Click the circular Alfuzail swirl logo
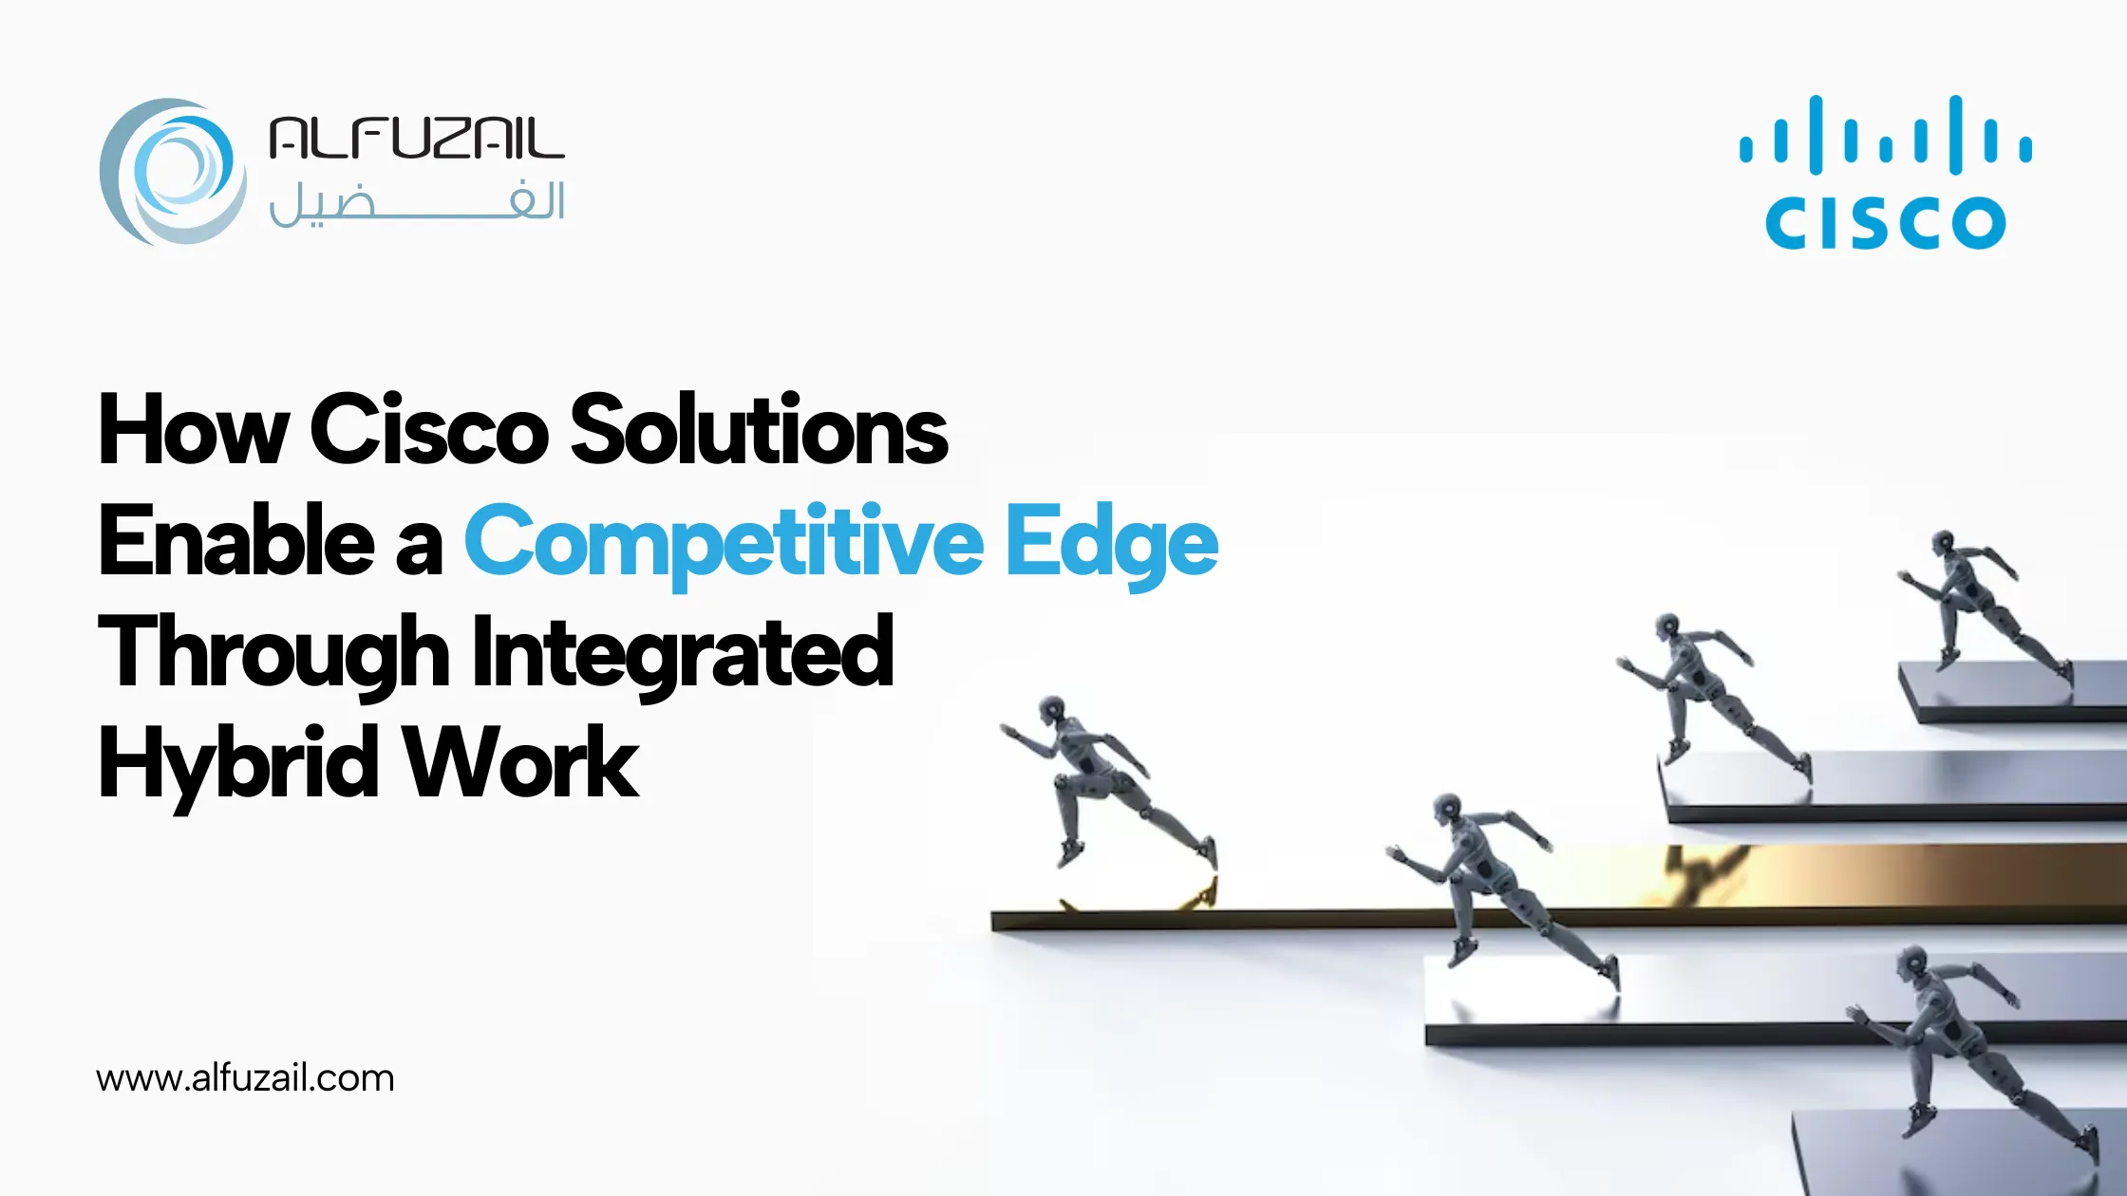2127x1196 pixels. tap(173, 172)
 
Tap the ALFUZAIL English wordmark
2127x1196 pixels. tap(417, 139)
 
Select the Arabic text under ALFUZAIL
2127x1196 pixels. tap(417, 203)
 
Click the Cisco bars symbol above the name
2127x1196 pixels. tap(1886, 135)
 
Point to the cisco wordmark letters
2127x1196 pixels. tap(1886, 222)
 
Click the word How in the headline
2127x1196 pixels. tap(193, 430)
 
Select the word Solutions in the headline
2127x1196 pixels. tap(759, 430)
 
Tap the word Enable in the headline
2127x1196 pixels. tap(236, 541)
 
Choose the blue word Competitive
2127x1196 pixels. tap(725, 546)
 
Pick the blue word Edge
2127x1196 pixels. tap(1112, 546)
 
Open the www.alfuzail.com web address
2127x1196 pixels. tap(245, 1078)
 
